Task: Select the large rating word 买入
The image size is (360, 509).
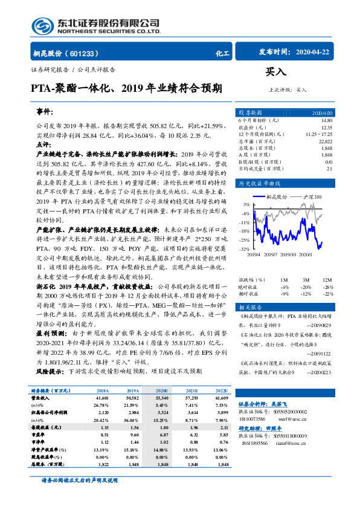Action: tap(277, 72)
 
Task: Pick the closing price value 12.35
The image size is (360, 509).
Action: tap(326, 128)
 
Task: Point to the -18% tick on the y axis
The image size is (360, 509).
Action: tap(244, 231)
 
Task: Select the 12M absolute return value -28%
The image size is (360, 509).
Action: tap(327, 287)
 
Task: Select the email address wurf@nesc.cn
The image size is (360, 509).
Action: tap(298, 433)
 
